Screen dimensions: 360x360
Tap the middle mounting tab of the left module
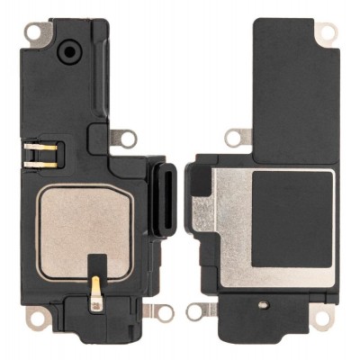click(x=127, y=139)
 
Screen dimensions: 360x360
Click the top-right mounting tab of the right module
click(x=325, y=31)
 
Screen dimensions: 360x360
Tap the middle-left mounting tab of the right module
click(x=238, y=137)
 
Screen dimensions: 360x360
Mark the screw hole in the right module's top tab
click(x=327, y=31)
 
